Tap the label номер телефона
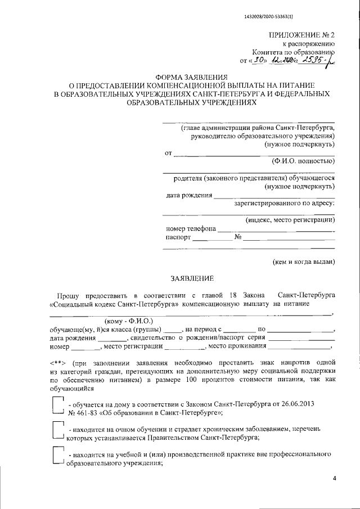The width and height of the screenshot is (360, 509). pyautogui.click(x=191, y=229)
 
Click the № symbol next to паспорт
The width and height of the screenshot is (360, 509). pyautogui.click(x=238, y=237)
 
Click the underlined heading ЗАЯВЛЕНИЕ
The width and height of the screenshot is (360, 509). pyautogui.click(x=192, y=278)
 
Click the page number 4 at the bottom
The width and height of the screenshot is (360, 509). pyautogui.click(x=334, y=479)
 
